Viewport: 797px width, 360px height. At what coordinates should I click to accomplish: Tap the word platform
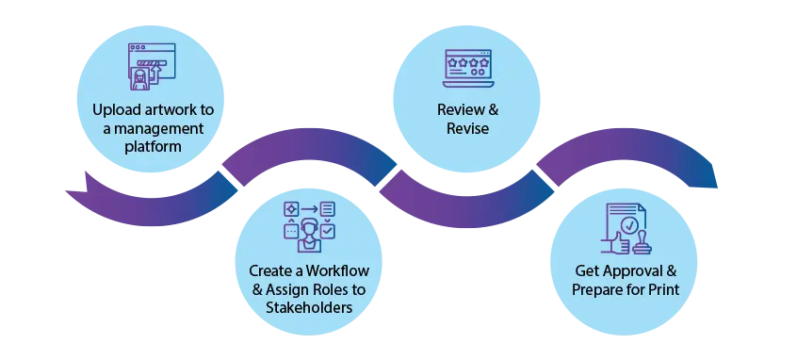[x=153, y=148]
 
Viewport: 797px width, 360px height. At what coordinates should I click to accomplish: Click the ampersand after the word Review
[x=493, y=109]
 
